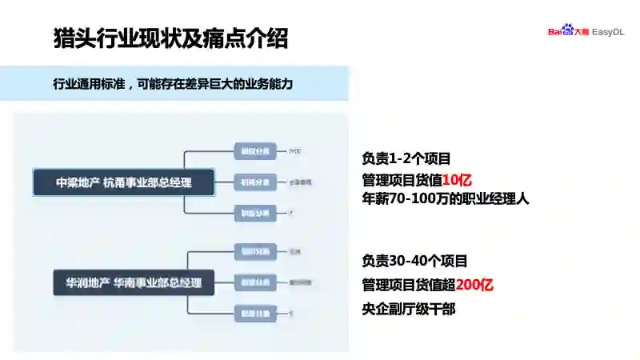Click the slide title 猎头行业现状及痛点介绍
[170, 38]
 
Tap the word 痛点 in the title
[228, 38]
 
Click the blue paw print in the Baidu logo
[567, 31]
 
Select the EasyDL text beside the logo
[608, 32]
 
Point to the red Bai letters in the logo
[554, 32]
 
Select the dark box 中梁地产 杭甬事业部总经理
[124, 182]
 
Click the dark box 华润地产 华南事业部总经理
[134, 282]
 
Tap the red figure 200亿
[474, 285]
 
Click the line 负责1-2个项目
[406, 158]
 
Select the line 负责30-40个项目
[414, 261]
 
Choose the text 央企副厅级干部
[408, 309]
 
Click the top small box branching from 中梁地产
[255, 150]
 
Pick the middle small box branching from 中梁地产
[255, 182]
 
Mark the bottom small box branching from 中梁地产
[255, 214]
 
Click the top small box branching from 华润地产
[255, 252]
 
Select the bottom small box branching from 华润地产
[255, 313]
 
